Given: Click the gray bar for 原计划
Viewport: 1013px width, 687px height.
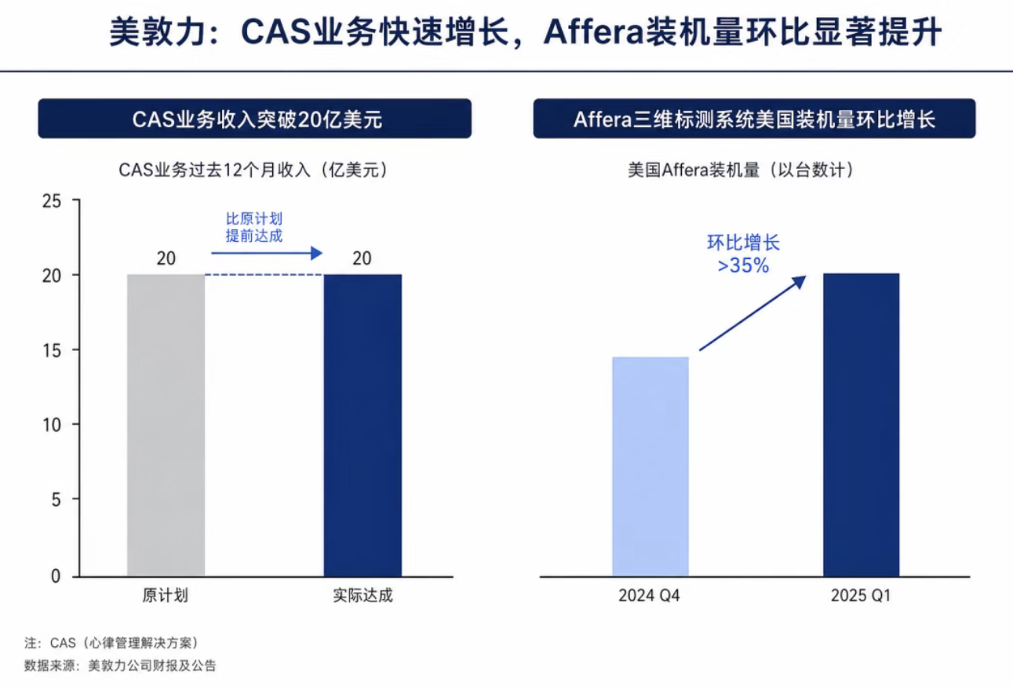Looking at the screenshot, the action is coord(166,425).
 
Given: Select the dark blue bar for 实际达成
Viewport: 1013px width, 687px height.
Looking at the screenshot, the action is coord(363,425).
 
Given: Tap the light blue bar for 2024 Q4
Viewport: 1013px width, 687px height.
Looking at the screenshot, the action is coord(650,466).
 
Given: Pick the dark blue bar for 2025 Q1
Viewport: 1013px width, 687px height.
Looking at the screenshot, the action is coord(861,425).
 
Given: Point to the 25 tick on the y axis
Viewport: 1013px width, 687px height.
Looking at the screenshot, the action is coord(52,201).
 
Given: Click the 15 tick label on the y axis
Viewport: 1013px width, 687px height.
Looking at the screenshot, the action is coord(52,351).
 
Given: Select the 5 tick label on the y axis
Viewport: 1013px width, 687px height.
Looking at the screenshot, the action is coord(56,499).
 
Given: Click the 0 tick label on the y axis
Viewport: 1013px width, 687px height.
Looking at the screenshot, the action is coord(56,576).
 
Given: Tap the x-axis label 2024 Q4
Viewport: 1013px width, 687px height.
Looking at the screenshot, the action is coord(649,596).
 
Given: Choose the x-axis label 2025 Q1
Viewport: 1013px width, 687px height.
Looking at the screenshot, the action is coord(861,596).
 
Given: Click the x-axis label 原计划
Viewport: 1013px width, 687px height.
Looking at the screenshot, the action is coord(165,596).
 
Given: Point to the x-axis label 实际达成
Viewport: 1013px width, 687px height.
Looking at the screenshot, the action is coord(363,596).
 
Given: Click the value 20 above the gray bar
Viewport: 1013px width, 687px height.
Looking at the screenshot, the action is coord(166,258).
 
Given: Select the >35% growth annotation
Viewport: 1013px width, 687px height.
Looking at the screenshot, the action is coord(744,265).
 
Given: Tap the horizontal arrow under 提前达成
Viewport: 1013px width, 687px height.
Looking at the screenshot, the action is coord(267,253).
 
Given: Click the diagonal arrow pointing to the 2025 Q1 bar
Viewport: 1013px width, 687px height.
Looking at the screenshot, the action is coord(752,313).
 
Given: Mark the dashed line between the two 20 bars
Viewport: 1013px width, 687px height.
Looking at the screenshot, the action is coord(264,275).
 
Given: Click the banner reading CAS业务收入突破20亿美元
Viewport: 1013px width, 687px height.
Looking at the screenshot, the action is coord(254,119).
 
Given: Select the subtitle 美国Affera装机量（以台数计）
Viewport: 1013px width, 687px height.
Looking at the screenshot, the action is coord(740,170).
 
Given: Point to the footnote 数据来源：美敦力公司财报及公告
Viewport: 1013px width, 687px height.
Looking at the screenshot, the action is coord(120,666).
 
